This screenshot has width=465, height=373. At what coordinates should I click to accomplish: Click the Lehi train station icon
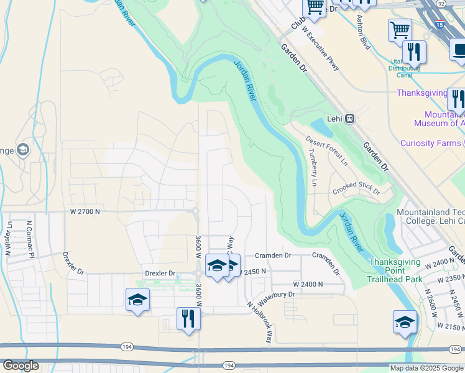(350, 119)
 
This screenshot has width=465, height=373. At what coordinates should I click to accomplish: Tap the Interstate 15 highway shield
(440, 25)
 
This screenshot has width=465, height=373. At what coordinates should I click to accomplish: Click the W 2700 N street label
(85, 211)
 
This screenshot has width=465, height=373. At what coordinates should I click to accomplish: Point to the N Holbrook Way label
(260, 323)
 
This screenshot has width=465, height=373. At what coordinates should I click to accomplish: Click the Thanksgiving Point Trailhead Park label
(395, 270)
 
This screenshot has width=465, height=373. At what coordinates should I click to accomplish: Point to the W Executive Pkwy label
(320, 48)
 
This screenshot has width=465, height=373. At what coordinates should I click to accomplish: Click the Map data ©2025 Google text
(426, 368)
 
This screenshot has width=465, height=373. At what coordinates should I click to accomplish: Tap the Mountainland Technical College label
(430, 217)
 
